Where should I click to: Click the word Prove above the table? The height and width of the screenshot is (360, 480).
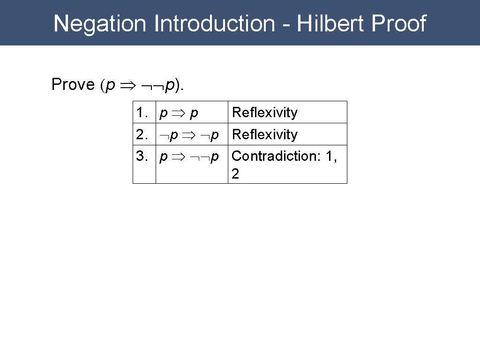click(x=73, y=85)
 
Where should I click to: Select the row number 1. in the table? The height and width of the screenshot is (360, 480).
click(x=142, y=112)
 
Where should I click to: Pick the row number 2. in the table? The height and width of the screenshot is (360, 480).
click(x=142, y=135)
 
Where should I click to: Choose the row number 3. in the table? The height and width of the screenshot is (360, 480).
click(x=142, y=156)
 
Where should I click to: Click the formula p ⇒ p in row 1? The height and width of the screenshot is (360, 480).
click(x=178, y=113)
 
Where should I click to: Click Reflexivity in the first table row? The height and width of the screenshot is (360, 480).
click(x=265, y=112)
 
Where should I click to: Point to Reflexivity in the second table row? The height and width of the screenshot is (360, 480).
click(x=265, y=135)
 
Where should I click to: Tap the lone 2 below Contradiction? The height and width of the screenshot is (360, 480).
click(x=235, y=174)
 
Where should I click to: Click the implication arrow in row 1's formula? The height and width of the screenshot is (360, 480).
click(x=178, y=113)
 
